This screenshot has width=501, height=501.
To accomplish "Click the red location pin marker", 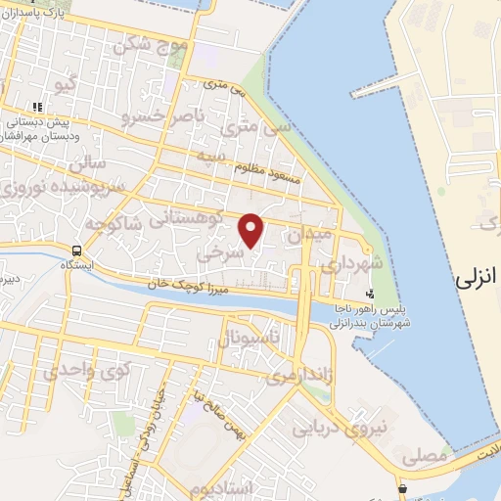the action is pos(252,230).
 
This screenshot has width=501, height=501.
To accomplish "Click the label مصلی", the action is pos(424,455).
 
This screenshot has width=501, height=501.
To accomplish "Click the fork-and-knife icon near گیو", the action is pos(36,107).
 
